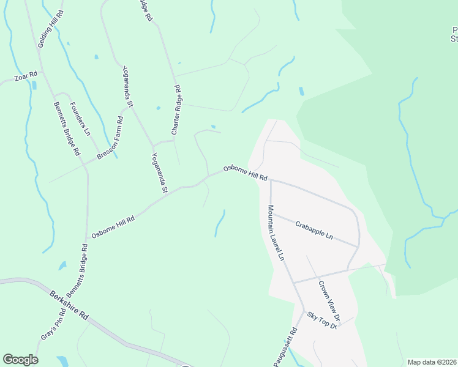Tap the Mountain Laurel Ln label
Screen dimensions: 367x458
pyautogui.click(x=276, y=233)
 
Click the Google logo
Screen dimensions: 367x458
pyautogui.click(x=20, y=359)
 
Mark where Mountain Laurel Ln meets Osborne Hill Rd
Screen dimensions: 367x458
pyautogui.click(x=269, y=180)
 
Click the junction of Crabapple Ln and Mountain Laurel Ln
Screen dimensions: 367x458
pyautogui.click(x=271, y=213)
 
